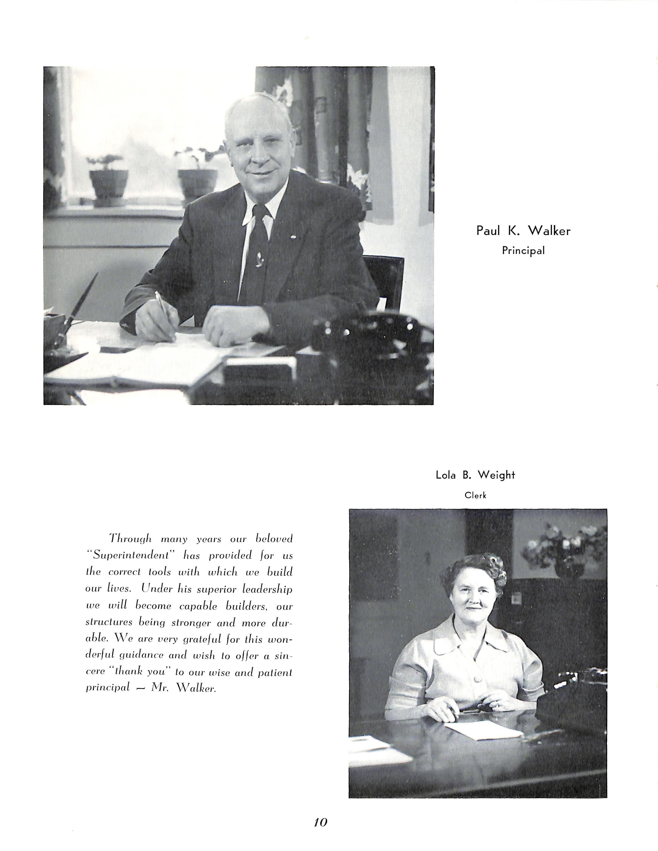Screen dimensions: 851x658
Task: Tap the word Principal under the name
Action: [523, 251]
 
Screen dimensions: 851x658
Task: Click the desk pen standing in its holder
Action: [80, 308]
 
